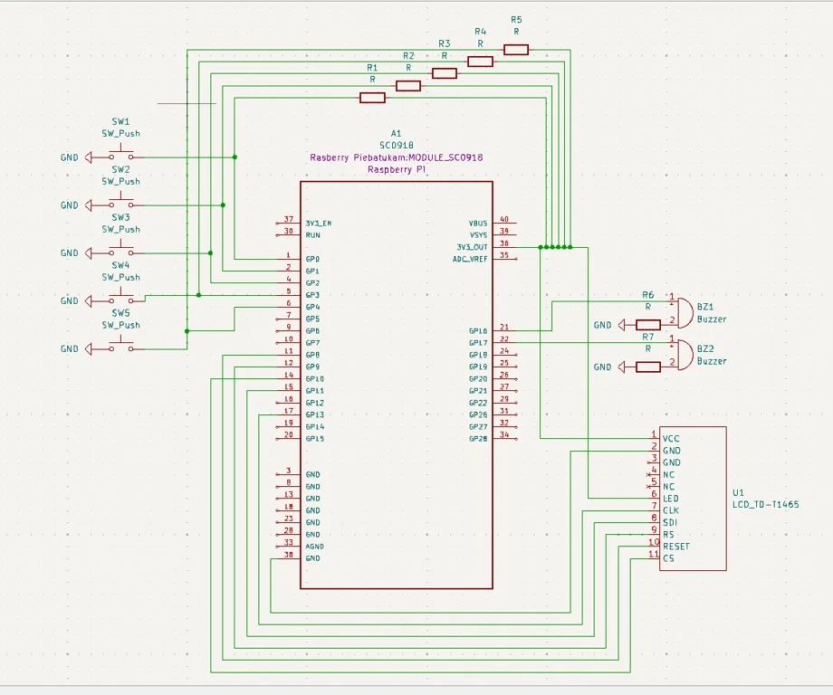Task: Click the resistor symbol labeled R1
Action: (x=372, y=98)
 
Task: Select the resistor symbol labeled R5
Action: (x=516, y=50)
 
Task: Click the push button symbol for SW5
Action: (x=121, y=346)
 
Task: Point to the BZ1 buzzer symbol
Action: (x=683, y=312)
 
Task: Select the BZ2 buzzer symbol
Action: (x=683, y=354)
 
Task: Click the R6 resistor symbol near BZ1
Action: (x=648, y=325)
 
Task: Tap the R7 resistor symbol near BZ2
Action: (x=648, y=367)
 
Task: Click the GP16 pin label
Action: (x=478, y=331)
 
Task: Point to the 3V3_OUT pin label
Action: (x=471, y=247)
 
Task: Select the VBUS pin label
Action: (x=478, y=223)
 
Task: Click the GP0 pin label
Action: (x=312, y=259)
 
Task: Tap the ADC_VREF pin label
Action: (x=470, y=259)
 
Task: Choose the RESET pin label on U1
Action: (x=675, y=547)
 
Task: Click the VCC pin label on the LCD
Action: (x=671, y=439)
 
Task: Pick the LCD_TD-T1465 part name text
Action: (x=765, y=505)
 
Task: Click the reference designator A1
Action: (x=396, y=133)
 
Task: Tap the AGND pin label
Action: (x=314, y=547)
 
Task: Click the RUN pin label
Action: (x=313, y=235)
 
